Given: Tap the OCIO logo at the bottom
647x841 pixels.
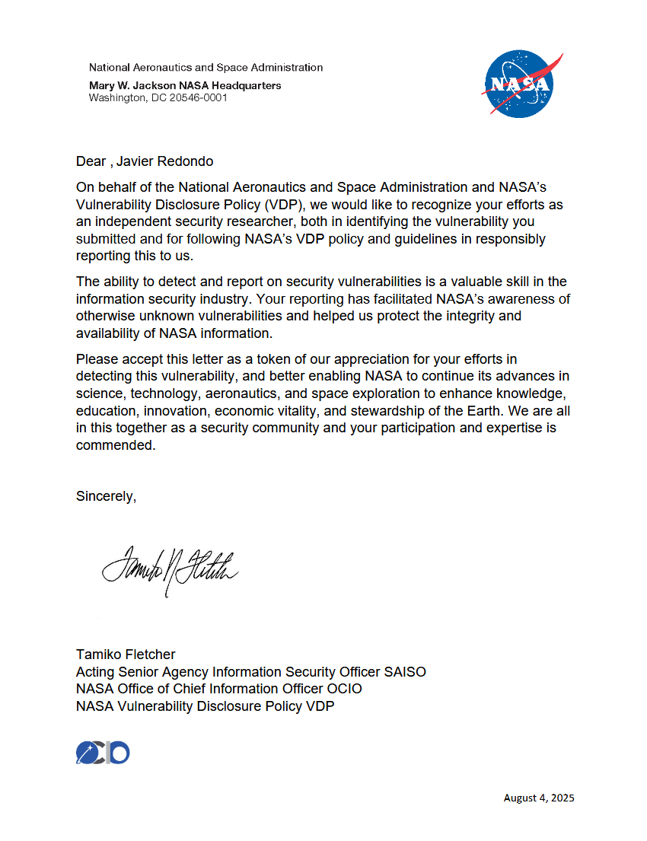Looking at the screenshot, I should click(x=103, y=753).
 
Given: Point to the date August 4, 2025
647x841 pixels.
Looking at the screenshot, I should click(x=539, y=798).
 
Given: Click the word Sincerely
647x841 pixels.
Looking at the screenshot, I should click(x=106, y=496).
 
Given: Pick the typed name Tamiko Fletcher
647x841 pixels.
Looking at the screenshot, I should click(x=126, y=654).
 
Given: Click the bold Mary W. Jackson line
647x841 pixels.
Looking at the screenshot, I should click(x=185, y=85).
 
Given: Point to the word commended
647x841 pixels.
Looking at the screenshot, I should click(x=115, y=445).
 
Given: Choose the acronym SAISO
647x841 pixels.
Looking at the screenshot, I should click(x=405, y=671).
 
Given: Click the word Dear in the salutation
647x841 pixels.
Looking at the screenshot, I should click(x=91, y=161).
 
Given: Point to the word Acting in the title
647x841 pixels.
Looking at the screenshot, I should click(x=95, y=671).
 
